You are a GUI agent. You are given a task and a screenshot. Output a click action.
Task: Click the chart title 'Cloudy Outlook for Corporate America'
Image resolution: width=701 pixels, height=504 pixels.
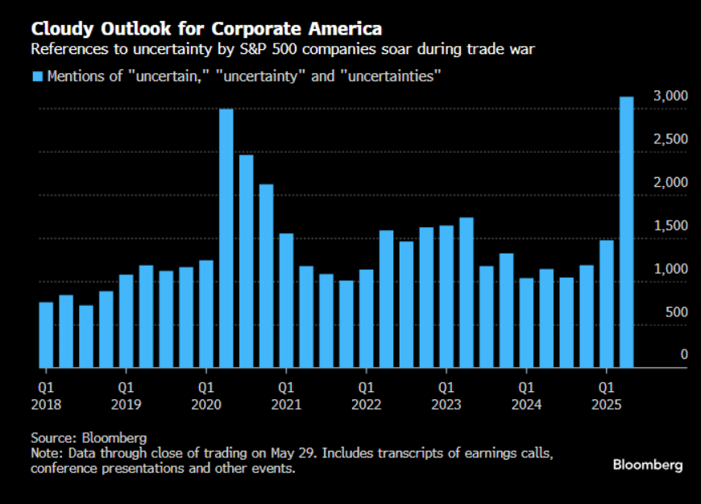(x=206, y=29)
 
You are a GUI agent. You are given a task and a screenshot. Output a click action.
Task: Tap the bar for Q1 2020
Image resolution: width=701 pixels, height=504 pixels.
(x=206, y=314)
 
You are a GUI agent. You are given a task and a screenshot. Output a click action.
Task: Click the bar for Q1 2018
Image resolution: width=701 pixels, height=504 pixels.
(x=46, y=335)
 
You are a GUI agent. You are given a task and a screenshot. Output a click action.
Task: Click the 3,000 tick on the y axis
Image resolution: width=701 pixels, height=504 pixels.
(x=670, y=97)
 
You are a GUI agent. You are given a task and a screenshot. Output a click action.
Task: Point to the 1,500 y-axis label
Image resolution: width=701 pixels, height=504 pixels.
(x=670, y=226)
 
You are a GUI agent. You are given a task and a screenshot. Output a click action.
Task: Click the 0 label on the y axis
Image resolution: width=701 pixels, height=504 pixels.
(x=684, y=355)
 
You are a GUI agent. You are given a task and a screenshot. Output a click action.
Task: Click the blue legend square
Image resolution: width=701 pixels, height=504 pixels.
(x=37, y=76)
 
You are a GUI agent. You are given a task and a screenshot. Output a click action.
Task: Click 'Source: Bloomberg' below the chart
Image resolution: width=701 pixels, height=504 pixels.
(x=89, y=438)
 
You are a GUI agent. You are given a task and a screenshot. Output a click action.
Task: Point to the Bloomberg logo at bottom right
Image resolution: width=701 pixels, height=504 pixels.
(x=648, y=465)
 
